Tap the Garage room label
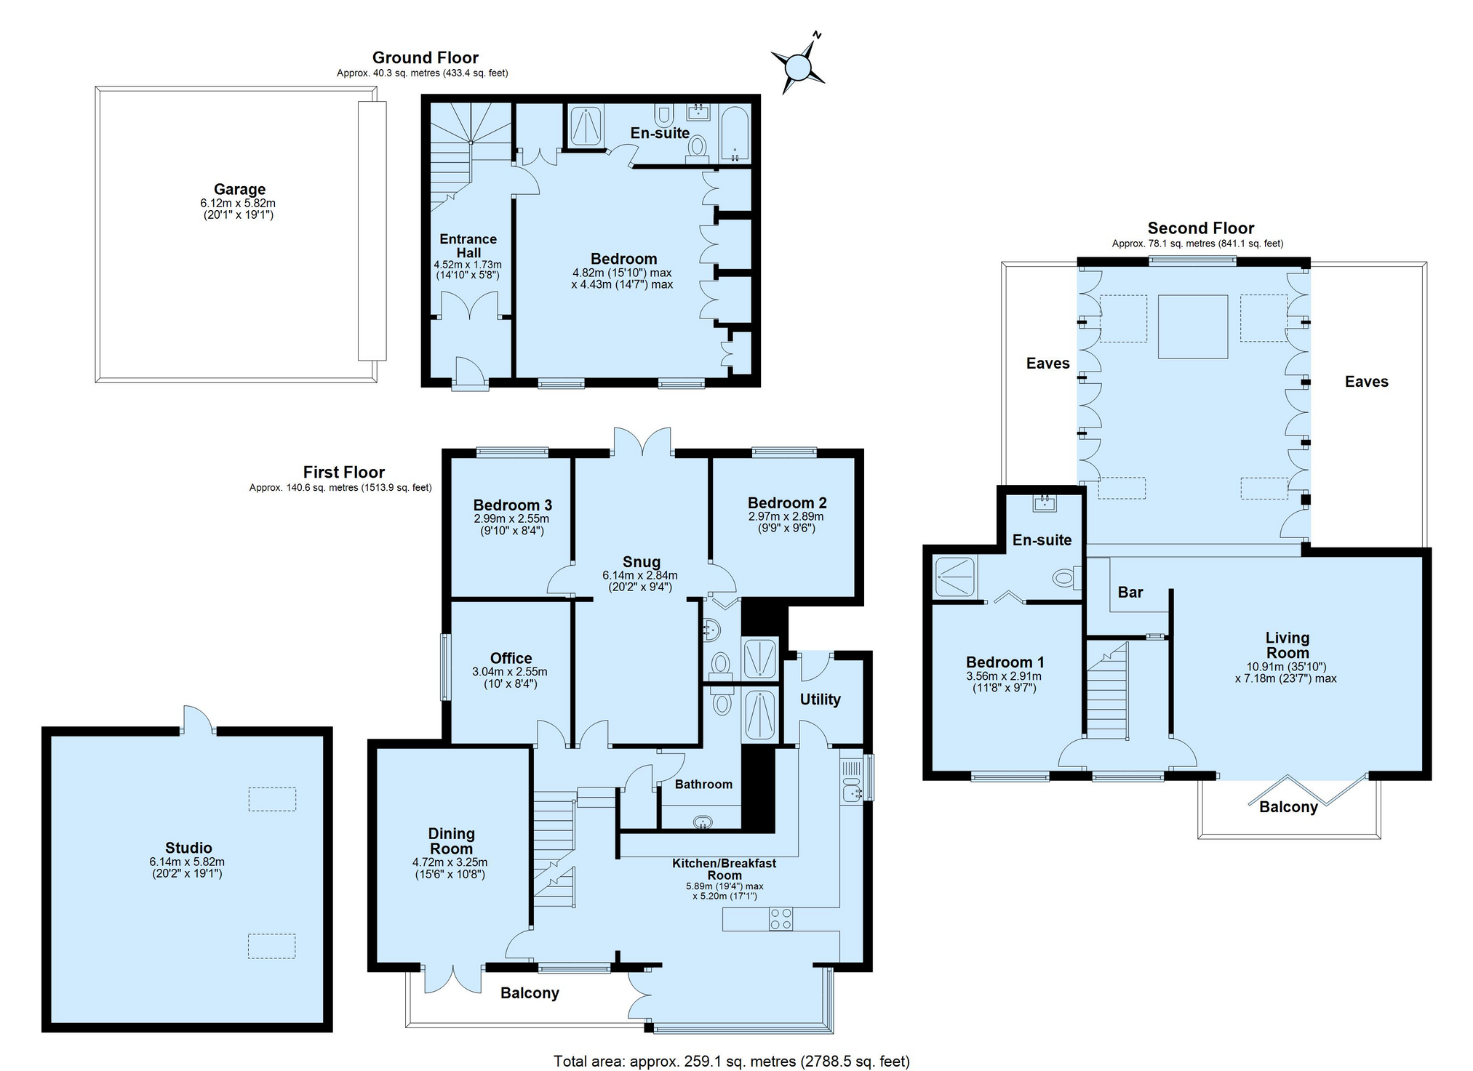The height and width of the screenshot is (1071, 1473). [x=239, y=189]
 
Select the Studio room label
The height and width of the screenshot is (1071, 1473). [x=188, y=848]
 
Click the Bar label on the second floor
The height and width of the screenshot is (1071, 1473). [x=1130, y=593]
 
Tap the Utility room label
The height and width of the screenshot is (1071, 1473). [x=821, y=699]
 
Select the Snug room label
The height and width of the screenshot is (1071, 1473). [x=642, y=562]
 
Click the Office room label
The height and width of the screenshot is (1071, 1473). [x=511, y=658]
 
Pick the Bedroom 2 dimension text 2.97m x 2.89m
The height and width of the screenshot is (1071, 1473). [x=786, y=516]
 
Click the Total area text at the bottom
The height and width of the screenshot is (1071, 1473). [x=732, y=1062]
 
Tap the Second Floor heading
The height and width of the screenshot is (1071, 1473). [x=1201, y=228]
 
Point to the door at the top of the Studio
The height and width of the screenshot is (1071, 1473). [x=197, y=719]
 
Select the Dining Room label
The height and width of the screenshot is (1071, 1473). [x=451, y=841]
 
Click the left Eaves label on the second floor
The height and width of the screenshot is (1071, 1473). [x=1048, y=364]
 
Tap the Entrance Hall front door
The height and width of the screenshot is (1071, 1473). [x=468, y=374]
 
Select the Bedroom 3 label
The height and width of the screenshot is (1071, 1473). [x=512, y=505]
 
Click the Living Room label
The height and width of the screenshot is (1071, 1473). [x=1288, y=646]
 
